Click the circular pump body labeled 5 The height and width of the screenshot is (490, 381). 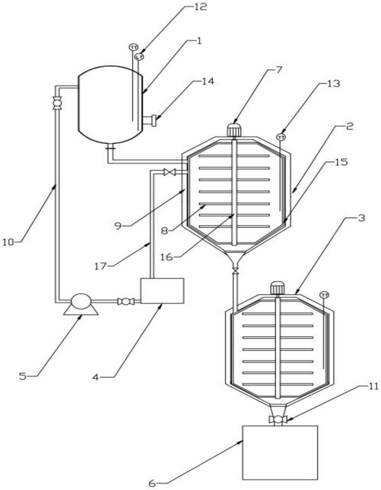[x=81, y=300]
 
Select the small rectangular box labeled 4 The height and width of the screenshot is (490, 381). [x=162, y=291]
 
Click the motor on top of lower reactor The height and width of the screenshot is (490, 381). [x=279, y=288]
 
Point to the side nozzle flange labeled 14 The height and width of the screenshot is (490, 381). [x=152, y=120]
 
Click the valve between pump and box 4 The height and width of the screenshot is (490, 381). [x=126, y=302]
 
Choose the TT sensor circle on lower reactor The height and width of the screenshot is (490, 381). [x=324, y=294]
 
